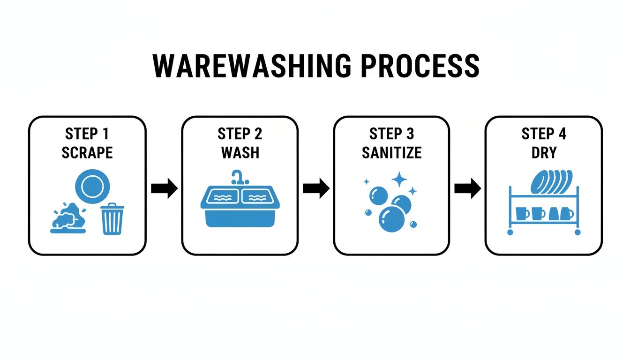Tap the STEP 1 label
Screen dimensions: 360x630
(87, 134)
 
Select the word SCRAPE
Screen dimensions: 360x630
(87, 152)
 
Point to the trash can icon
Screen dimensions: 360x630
(112, 219)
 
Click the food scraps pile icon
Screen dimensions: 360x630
(68, 218)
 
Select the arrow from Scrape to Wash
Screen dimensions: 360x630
(164, 188)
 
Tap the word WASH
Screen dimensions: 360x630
(240, 152)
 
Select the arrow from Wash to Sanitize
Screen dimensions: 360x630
(316, 188)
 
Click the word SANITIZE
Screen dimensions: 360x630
(391, 152)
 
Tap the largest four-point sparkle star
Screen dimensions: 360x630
(399, 179)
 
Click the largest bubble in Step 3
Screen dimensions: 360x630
(390, 219)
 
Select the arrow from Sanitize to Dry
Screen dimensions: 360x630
(467, 188)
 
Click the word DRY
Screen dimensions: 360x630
(544, 152)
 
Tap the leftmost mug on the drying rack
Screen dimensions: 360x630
(522, 213)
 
